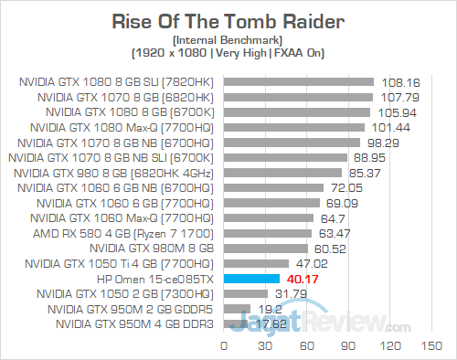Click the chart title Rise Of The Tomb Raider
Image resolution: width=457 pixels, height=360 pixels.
[228, 20]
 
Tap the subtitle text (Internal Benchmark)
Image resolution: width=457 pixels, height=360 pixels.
[228, 39]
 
